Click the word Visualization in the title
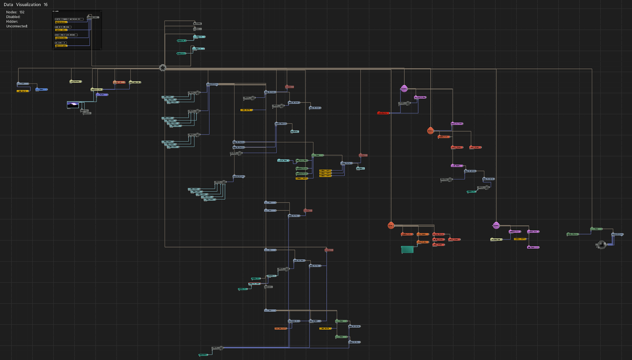[28, 5]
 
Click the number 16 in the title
[46, 5]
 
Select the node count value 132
[22, 12]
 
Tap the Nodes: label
[12, 12]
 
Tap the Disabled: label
[13, 17]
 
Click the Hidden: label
[12, 21]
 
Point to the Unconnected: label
[17, 26]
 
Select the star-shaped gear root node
[162, 68]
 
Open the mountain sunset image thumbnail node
[73, 105]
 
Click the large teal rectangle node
[407, 250]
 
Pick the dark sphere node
[601, 245]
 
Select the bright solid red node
[383, 113]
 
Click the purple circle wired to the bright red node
[404, 89]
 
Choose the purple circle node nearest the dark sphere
[496, 225]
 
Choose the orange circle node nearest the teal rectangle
[391, 225]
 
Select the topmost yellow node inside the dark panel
[61, 22]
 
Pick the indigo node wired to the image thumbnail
[102, 95]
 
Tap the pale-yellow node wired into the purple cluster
[496, 239]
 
